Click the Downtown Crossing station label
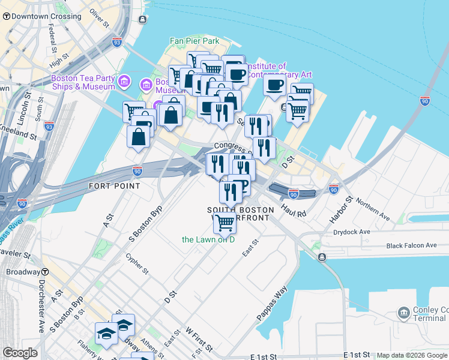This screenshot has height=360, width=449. pyautogui.click(x=46, y=16)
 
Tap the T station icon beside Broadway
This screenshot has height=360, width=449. pyautogui.click(x=45, y=272)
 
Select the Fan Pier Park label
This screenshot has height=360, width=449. pyautogui.click(x=194, y=41)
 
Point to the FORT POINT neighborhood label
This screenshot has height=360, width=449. pyautogui.click(x=114, y=186)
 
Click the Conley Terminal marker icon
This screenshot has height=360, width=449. pyautogui.click(x=403, y=312)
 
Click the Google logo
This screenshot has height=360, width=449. pyautogui.click(x=20, y=352)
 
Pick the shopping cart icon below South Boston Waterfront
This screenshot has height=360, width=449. pyautogui.click(x=224, y=222)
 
